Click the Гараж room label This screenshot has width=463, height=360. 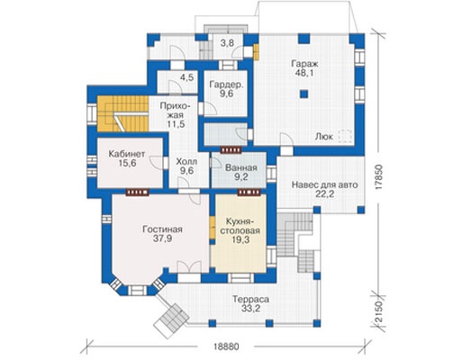(x=304, y=64)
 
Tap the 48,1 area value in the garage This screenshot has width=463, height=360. (x=304, y=73)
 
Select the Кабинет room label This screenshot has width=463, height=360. (x=127, y=154)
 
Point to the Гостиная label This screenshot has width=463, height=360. (x=162, y=229)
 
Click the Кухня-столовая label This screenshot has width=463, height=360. (x=241, y=227)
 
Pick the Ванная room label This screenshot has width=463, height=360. (x=241, y=167)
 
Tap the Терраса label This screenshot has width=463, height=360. (x=250, y=299)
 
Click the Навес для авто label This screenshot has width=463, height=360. (x=325, y=184)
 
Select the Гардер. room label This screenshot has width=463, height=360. (x=226, y=85)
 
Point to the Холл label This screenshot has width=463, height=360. (x=186, y=162)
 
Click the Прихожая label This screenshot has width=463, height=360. (x=176, y=111)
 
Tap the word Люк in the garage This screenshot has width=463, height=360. (x=324, y=137)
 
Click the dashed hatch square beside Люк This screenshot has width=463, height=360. (x=345, y=135)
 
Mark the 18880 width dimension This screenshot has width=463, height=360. (x=226, y=346)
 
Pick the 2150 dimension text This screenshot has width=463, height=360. (x=379, y=312)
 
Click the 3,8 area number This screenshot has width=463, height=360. (x=227, y=43)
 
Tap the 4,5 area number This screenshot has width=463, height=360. (x=186, y=77)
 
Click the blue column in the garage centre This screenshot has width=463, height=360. (x=304, y=94)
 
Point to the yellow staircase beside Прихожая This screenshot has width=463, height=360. (x=123, y=113)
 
